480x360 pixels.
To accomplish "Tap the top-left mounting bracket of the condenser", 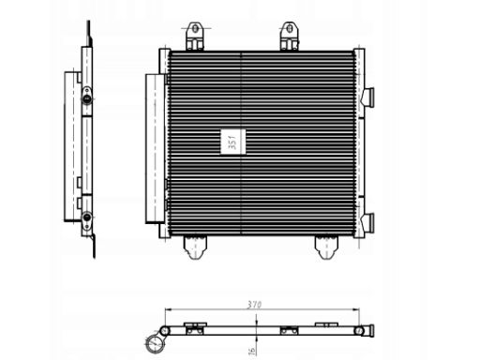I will [x=195, y=36].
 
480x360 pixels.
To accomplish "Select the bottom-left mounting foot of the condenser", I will [x=195, y=247].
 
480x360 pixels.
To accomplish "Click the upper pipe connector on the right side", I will [x=368, y=97].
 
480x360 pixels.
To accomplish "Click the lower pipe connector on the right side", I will [x=368, y=223].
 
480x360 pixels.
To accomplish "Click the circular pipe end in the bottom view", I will [x=150, y=343].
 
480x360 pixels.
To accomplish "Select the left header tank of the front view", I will [x=165, y=141].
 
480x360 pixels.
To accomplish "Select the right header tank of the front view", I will [x=357, y=141].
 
